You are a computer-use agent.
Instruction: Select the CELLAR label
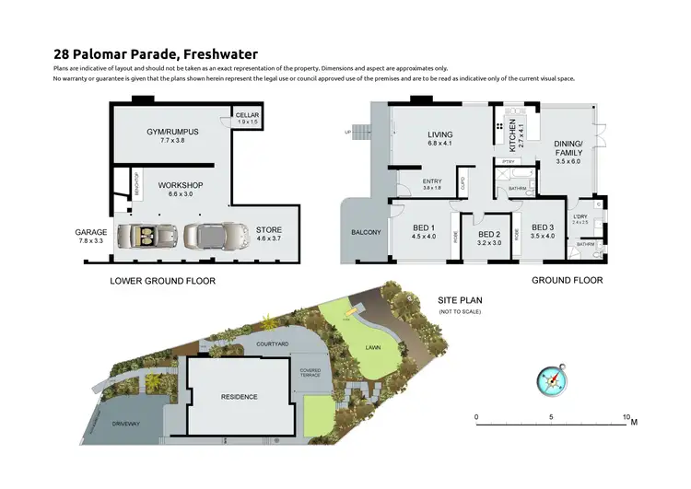pyautogui.click(x=247, y=116)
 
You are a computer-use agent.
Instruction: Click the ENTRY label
pyautogui.click(x=431, y=181)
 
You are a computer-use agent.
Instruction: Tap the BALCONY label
pyautogui.click(x=365, y=232)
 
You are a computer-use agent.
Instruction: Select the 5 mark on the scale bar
pyautogui.click(x=552, y=417)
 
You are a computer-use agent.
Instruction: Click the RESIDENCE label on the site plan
pyautogui.click(x=239, y=397)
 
